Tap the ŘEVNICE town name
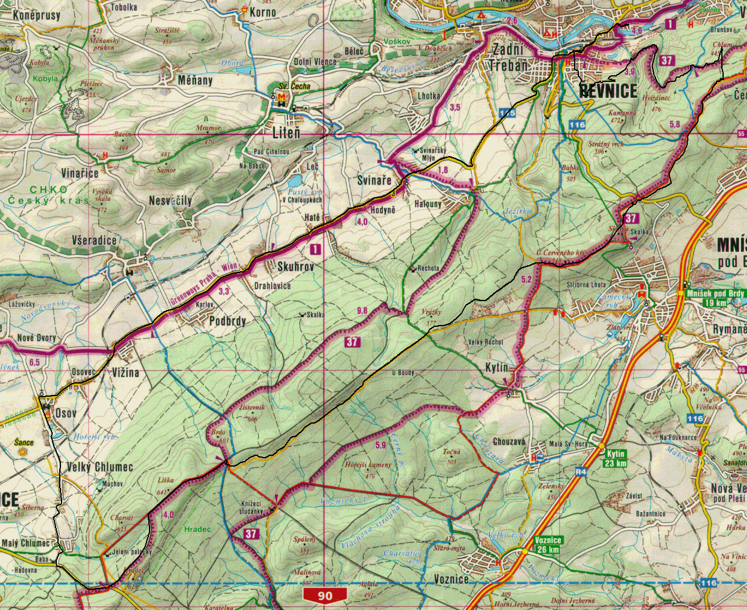pyautogui.click(x=608, y=91)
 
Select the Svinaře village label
pyautogui.click(x=374, y=180)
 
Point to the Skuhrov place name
pyautogui.click(x=295, y=266)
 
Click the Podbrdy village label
pyautogui.click(x=227, y=321)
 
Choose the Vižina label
pyautogui.click(x=125, y=372)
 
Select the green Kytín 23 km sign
pyautogui.click(x=615, y=458)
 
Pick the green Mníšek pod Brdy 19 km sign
pyautogui.click(x=715, y=298)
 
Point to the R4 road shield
pyautogui.click(x=580, y=471)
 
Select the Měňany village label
pyautogui.click(x=195, y=80)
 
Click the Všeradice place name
pyautogui.click(x=94, y=240)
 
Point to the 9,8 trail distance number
pyautogui.click(x=362, y=310)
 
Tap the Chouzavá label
pyautogui.click(x=509, y=442)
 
